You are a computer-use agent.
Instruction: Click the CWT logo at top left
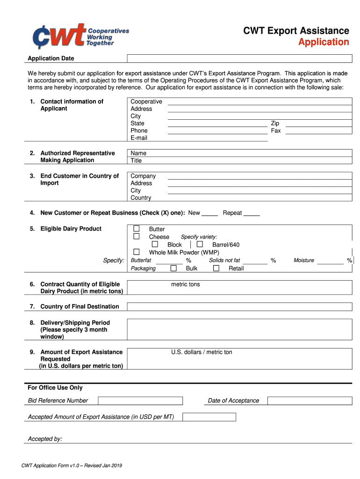(80, 36)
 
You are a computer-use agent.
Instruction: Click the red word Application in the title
(324, 42)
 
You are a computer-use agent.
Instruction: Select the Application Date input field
(239, 58)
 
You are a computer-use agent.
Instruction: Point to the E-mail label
(139, 138)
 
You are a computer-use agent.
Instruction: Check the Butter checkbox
(137, 229)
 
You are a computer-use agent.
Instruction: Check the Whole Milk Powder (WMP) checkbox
(137, 252)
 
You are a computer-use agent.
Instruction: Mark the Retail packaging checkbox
(216, 269)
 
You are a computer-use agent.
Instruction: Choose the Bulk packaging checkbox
(173, 269)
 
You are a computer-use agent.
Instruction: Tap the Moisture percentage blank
(331, 262)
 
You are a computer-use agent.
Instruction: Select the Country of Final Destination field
(239, 307)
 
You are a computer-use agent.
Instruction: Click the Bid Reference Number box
(140, 401)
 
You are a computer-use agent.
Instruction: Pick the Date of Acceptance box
(310, 401)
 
